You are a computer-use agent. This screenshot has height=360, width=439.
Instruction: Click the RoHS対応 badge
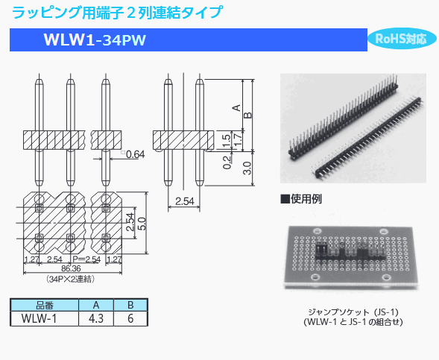[x=401, y=39]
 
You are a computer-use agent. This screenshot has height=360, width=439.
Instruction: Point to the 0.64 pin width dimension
[x=135, y=154]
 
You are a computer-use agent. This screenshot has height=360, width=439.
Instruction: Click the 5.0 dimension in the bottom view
[x=142, y=224]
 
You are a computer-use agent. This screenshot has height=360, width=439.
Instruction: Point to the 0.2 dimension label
[x=225, y=161]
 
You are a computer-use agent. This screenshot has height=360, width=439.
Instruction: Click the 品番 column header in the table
[x=44, y=305]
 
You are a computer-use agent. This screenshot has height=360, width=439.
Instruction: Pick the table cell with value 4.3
[x=95, y=318]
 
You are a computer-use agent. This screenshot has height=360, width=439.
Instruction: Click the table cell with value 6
[x=130, y=318]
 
